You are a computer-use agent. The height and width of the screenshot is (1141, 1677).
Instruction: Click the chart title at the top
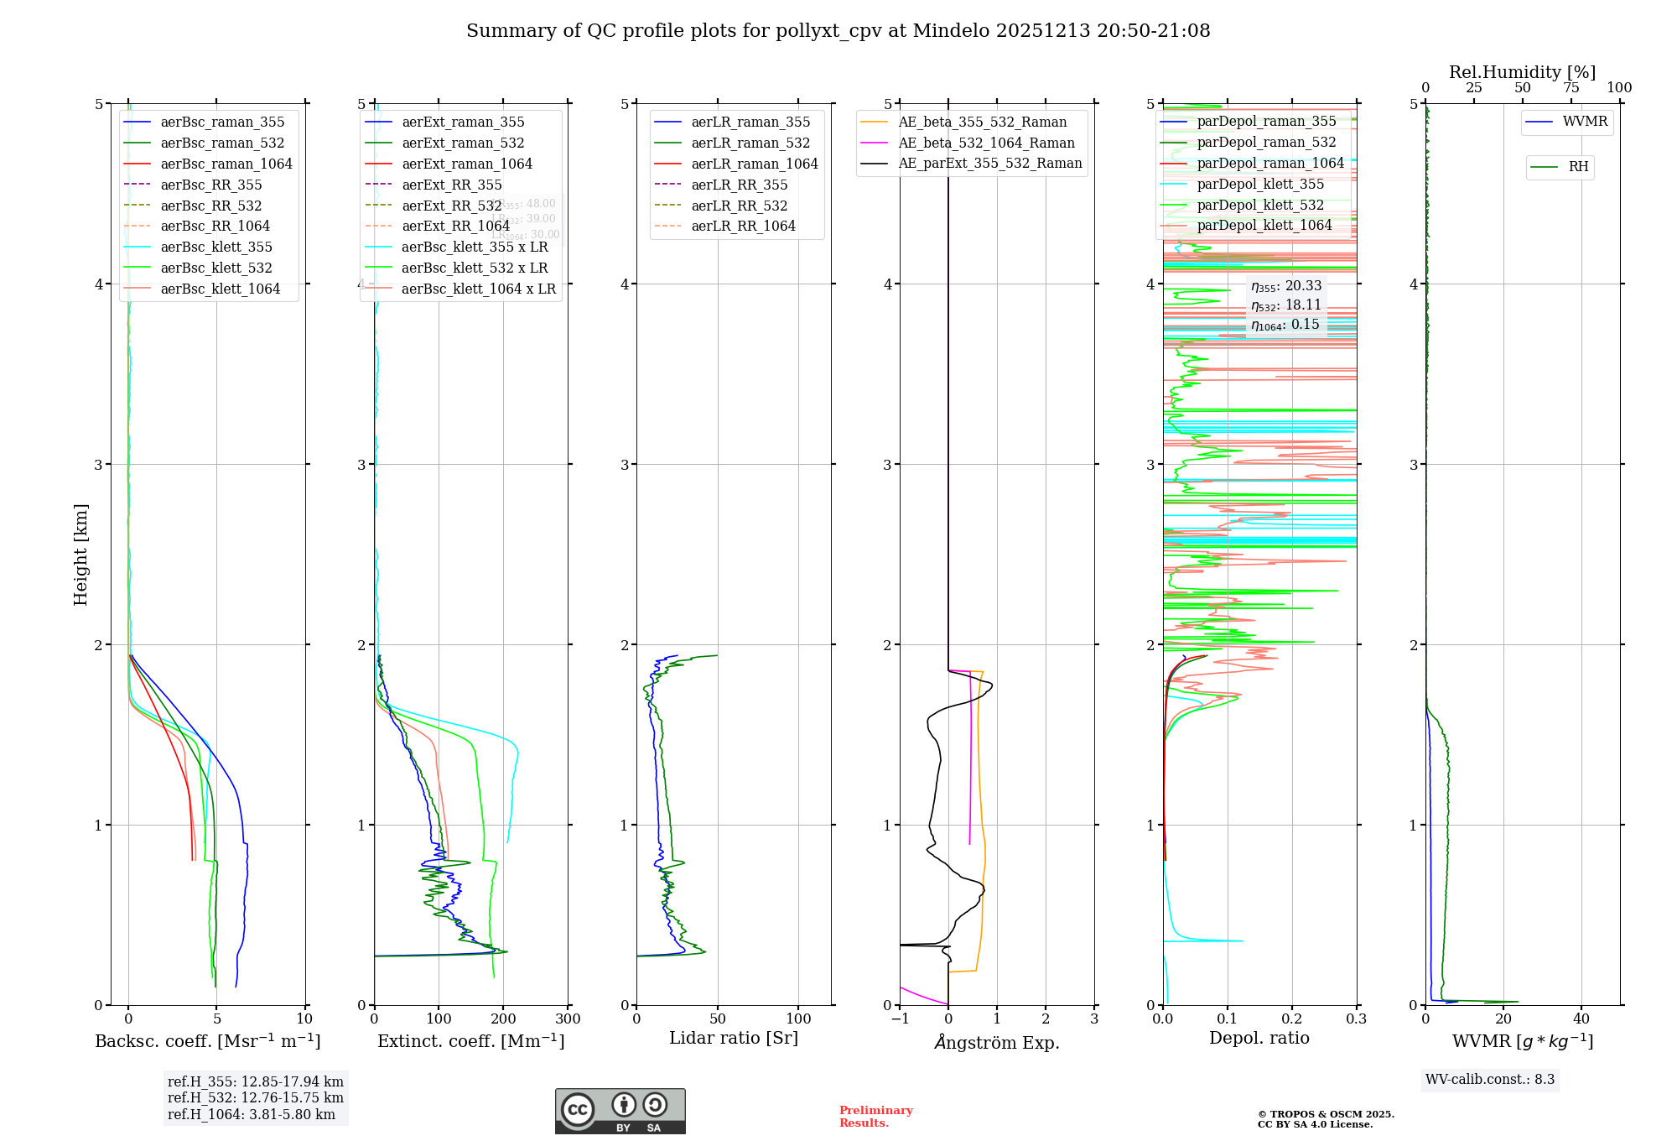coord(838,31)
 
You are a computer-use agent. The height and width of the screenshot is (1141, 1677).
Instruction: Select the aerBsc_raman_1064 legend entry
coord(226,164)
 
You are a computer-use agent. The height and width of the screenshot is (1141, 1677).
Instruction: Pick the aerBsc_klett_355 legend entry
coord(216,247)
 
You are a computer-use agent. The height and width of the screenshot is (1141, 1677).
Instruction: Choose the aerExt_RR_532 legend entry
coord(451,206)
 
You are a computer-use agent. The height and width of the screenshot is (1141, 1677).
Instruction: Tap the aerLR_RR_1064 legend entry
coord(743,226)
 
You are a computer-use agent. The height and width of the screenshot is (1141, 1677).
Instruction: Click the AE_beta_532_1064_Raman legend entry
coord(986,143)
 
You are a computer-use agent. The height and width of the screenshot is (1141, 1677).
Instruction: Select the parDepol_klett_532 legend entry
coord(1260,205)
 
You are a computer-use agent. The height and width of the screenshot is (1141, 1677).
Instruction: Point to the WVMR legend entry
coord(1585,122)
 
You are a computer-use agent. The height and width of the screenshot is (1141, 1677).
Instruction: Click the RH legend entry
coord(1578,167)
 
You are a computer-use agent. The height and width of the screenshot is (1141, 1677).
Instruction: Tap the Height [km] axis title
coord(80,555)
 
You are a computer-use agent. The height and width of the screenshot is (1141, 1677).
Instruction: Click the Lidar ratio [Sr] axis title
coord(734,1038)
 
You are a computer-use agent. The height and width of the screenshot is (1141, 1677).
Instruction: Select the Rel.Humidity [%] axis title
coord(1522,72)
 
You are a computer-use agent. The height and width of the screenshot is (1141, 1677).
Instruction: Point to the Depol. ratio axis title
coord(1259,1038)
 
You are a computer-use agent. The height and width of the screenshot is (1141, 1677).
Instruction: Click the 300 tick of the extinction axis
coord(568,1019)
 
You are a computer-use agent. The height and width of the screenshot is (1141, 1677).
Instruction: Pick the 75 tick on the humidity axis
coord(1571,88)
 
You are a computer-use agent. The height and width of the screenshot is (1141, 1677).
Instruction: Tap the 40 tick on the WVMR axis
coord(1581,1019)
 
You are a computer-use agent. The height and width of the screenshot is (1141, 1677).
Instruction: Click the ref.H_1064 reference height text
coord(251,1114)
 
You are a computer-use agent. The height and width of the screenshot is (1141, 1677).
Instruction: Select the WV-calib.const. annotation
coord(1490,1079)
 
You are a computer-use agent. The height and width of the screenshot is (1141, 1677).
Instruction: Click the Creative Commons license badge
coord(620,1112)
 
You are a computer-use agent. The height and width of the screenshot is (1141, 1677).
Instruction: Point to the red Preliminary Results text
coord(875,1117)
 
